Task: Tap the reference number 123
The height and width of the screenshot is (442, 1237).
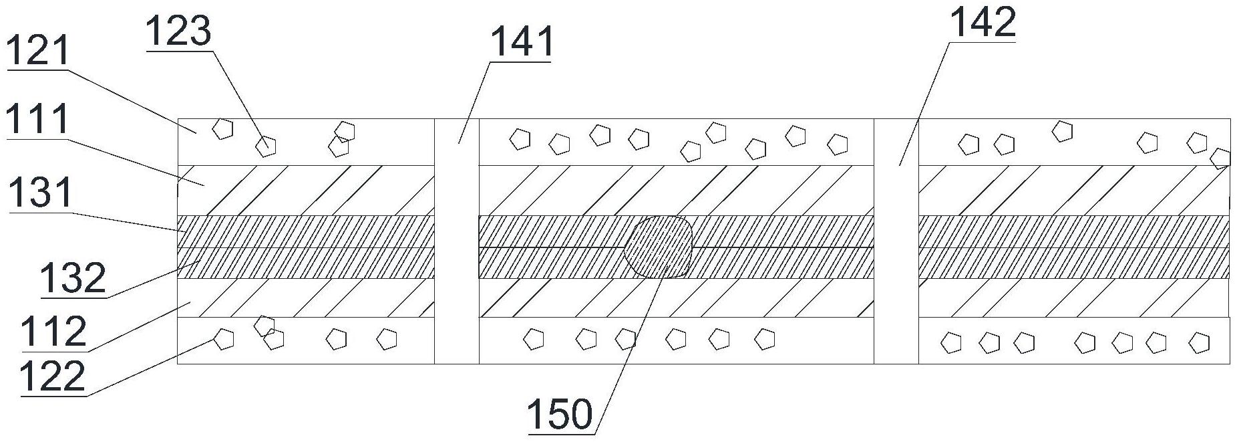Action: coord(178,31)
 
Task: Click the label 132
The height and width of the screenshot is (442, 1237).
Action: coord(73,278)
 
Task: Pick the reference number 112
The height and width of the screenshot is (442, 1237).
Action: coord(53,332)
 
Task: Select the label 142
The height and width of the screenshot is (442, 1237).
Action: coord(983,23)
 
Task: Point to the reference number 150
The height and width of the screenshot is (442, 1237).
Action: coord(560,415)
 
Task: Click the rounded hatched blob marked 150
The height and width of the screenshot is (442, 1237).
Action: coord(659,247)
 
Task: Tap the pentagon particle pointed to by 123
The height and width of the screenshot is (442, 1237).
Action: coord(267,145)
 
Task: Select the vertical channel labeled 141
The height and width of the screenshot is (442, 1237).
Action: coord(457,241)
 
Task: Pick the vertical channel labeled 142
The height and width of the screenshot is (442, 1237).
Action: coord(896,241)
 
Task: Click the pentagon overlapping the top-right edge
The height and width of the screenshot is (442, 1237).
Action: coord(1220,158)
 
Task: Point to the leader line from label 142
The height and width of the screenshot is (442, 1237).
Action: coord(925,100)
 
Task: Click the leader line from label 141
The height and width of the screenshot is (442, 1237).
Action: coord(474,100)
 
